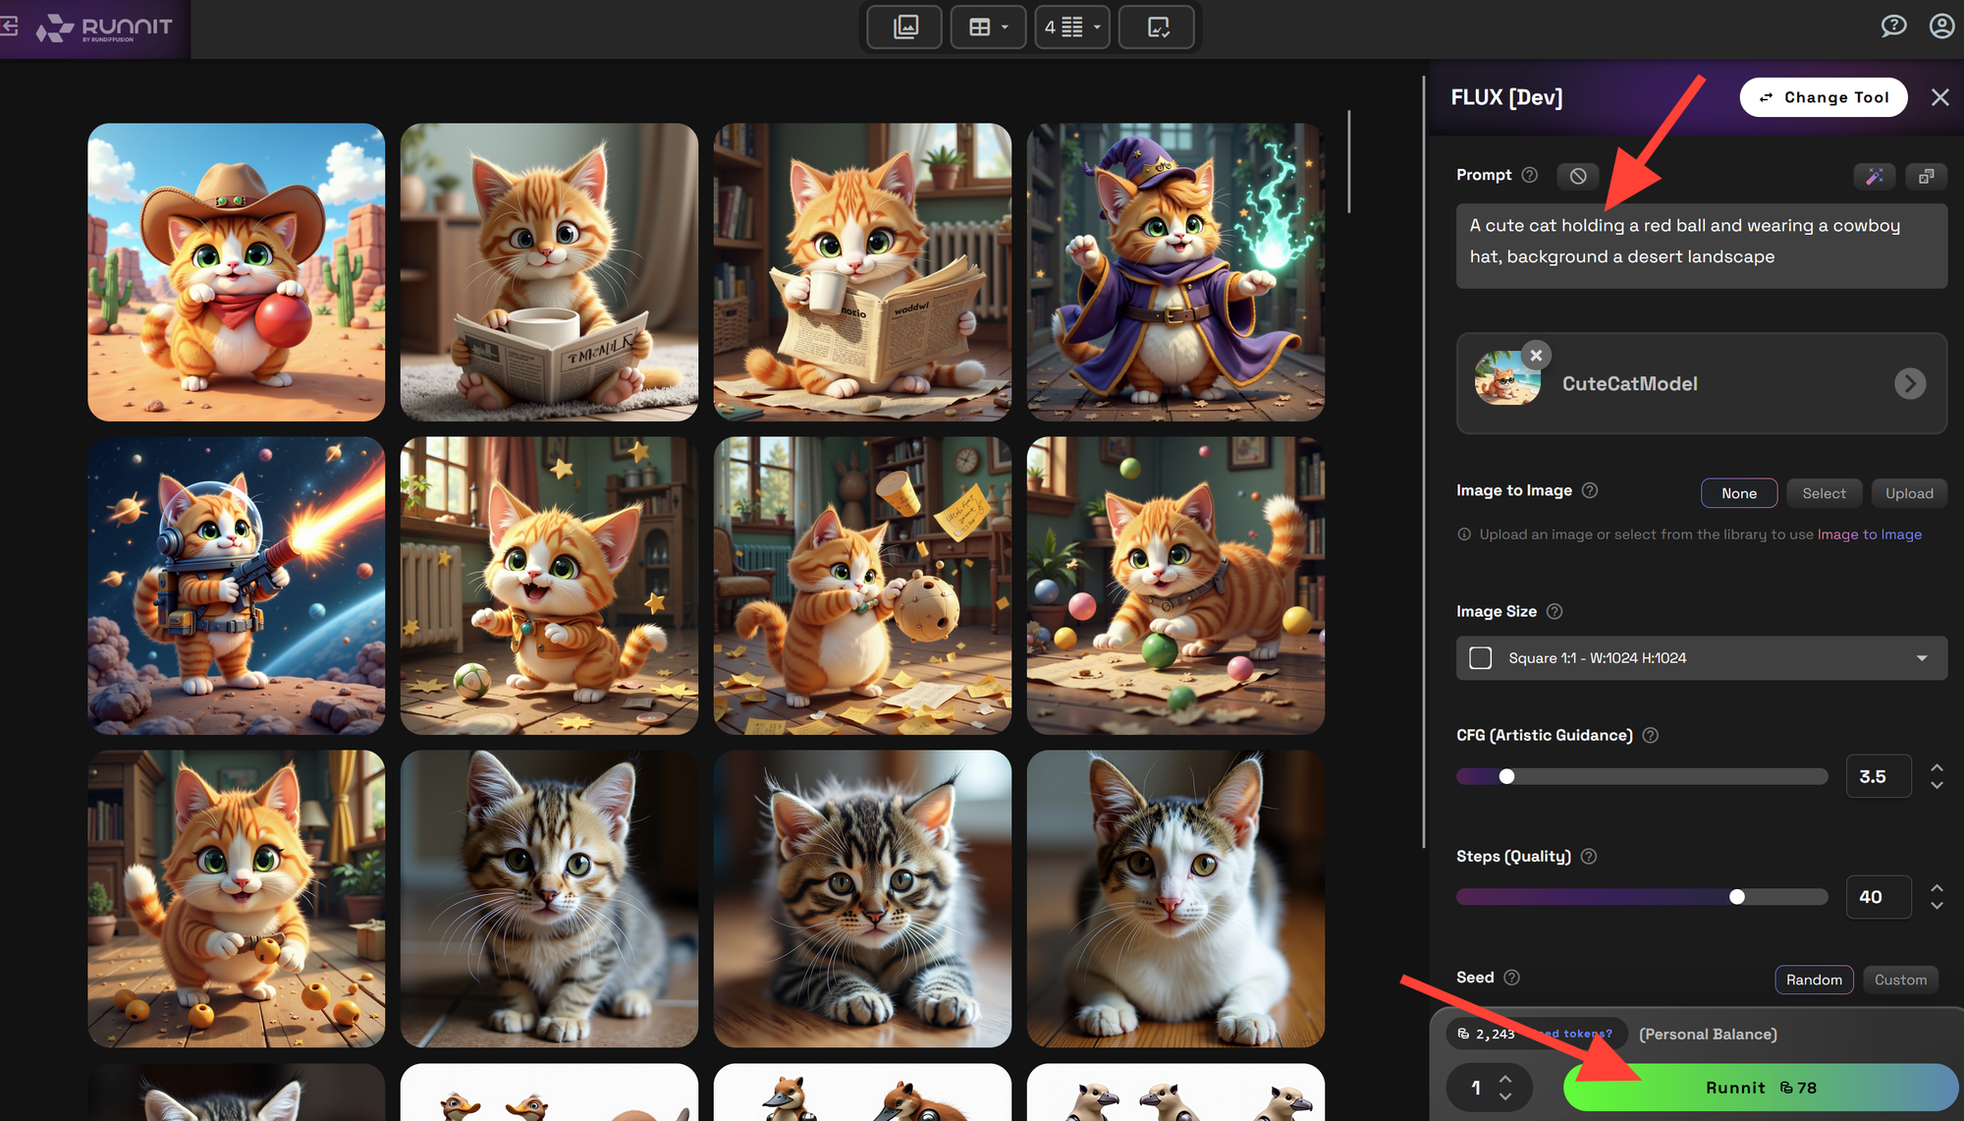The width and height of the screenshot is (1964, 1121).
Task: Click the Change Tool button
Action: tap(1824, 97)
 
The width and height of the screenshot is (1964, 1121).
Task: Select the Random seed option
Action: tap(1814, 980)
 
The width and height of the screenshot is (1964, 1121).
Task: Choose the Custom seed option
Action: tap(1900, 980)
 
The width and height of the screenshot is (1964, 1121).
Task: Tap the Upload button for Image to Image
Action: tap(1908, 493)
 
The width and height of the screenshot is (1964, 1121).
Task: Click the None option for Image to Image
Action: tap(1738, 493)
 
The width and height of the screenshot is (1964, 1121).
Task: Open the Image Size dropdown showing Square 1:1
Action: tap(1701, 658)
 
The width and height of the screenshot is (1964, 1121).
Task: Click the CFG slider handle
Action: tap(1506, 777)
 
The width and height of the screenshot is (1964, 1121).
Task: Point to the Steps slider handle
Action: tap(1737, 897)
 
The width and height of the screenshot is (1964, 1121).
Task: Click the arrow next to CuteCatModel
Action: tap(1909, 383)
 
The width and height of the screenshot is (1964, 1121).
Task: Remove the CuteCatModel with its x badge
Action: tap(1536, 355)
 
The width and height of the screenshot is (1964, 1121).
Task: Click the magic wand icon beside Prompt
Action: tap(1874, 176)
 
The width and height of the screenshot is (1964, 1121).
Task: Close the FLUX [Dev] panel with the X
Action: tap(1939, 97)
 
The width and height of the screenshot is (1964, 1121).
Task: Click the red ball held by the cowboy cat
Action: tap(283, 319)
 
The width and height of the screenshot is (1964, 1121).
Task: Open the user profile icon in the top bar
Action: tap(1941, 27)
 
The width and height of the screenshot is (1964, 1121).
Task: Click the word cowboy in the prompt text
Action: tap(1866, 226)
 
